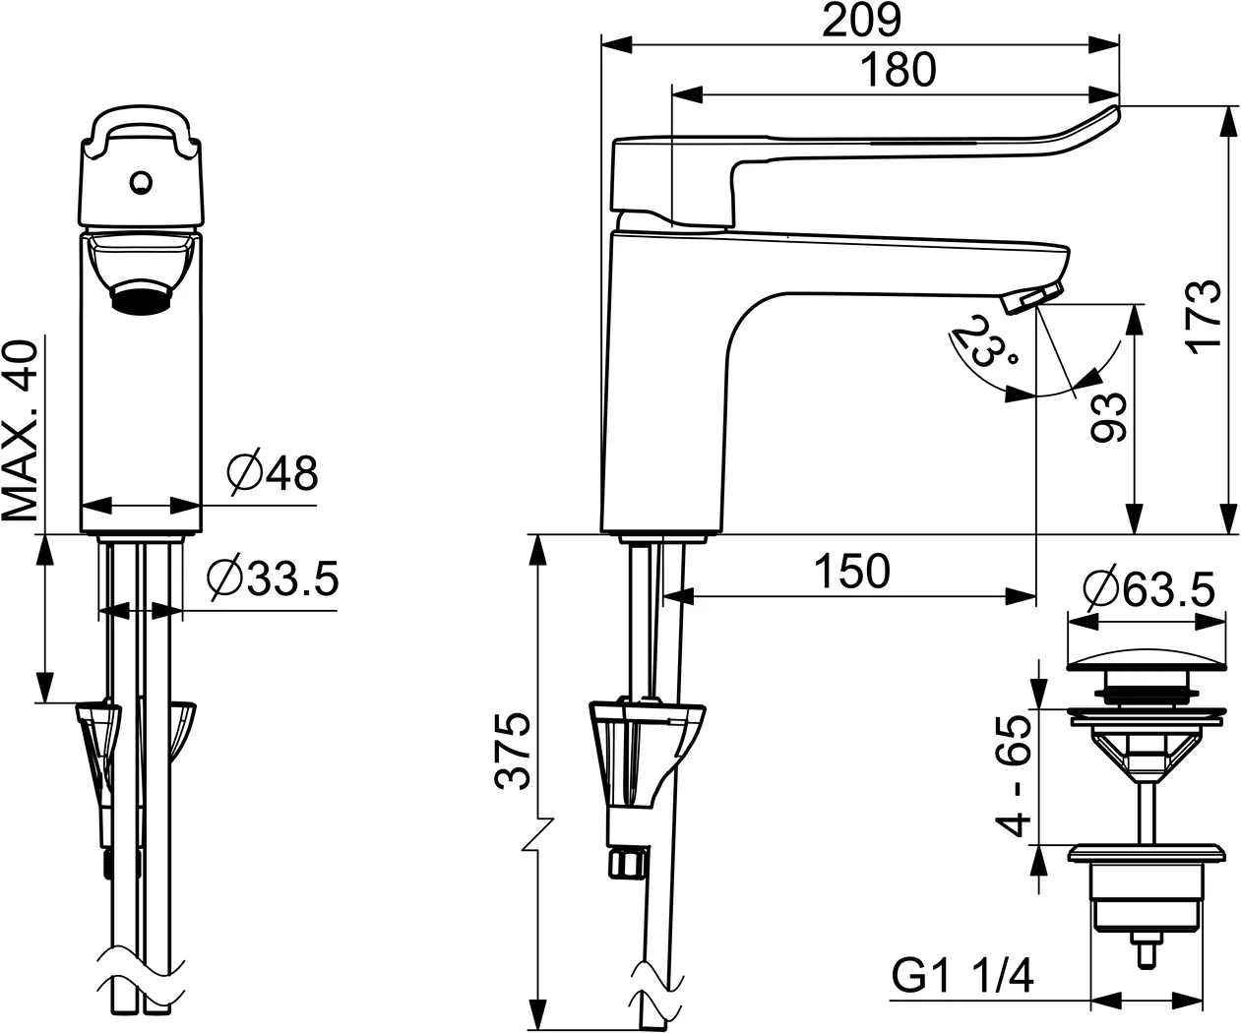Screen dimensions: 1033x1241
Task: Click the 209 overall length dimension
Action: [861, 21]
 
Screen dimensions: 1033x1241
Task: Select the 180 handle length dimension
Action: [897, 71]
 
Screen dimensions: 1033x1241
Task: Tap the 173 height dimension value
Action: [1202, 315]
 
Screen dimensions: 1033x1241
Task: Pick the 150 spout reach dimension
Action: [851, 571]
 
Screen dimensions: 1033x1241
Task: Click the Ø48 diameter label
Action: [273, 474]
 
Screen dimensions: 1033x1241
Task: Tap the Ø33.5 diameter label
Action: [274, 579]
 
